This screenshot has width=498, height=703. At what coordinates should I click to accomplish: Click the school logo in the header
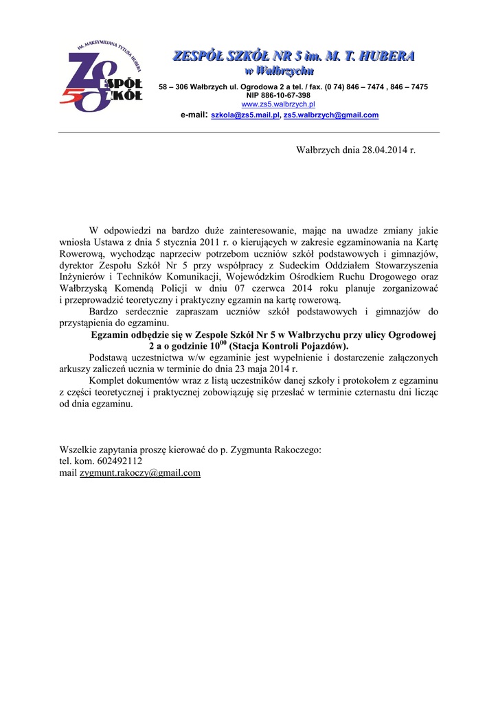[102, 76]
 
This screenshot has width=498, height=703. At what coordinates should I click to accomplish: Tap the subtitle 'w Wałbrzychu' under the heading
[280, 71]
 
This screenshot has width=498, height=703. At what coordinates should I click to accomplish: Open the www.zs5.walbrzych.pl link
[278, 104]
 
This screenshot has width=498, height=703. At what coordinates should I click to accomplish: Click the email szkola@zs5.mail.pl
[245, 115]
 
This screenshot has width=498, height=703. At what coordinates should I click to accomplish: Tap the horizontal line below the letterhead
[249, 132]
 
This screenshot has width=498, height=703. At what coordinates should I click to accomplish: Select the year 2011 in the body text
[205, 242]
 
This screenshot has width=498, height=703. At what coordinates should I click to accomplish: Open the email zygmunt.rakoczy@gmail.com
[140, 473]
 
